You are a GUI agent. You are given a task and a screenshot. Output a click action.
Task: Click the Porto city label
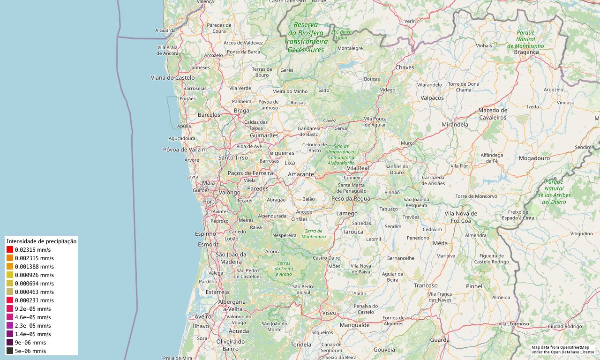pos(210,202)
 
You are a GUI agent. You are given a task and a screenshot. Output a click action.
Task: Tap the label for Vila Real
pos(358,168)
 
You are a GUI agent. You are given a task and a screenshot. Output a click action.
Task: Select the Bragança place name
pos(526,52)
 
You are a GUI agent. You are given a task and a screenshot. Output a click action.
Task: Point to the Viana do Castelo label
pos(172,77)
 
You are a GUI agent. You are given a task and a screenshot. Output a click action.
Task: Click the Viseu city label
pos(329,312)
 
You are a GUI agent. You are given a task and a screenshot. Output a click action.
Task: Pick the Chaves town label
pos(405,67)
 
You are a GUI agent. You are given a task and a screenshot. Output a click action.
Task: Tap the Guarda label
pos(439,340)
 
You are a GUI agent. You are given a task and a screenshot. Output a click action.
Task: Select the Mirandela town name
pos(455,125)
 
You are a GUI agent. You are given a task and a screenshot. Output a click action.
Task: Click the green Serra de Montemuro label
pos(314,234)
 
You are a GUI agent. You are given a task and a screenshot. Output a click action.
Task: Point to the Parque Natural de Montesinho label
pos(525,39)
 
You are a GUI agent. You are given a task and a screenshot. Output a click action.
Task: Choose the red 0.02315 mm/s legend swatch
pos(10,250)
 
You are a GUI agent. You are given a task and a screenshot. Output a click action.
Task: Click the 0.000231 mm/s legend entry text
pos(34,300)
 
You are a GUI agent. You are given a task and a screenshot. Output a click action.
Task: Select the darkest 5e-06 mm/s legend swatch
pos(10,351)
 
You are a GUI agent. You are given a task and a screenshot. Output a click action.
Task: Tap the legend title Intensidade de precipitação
pos(41,241)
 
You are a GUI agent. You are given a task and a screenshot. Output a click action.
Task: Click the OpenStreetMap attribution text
pos(562,349)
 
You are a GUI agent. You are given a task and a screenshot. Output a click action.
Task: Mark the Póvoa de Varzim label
pos(185,150)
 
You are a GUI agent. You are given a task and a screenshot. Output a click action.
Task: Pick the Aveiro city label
pos(203,317)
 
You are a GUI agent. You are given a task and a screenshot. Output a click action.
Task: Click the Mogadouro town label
pos(534,158)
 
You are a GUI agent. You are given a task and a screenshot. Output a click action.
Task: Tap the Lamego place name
pos(347,213)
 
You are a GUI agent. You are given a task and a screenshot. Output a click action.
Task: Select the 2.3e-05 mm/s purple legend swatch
pos(10,326)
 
